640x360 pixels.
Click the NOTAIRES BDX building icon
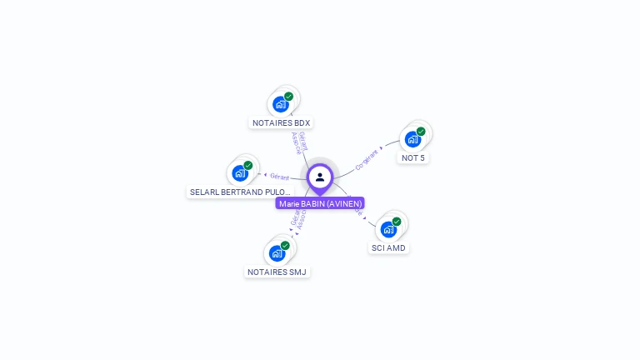pyautogui.click(x=281, y=105)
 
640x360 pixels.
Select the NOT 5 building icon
pyautogui.click(x=412, y=140)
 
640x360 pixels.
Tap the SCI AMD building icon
pyautogui.click(x=388, y=230)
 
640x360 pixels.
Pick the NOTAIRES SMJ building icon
pyautogui.click(x=277, y=254)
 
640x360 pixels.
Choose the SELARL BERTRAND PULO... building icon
pyautogui.click(x=240, y=173)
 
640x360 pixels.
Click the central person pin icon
pyautogui.click(x=320, y=177)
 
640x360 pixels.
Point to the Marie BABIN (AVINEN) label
pyautogui.click(x=320, y=203)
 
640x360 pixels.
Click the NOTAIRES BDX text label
pyautogui.click(x=281, y=123)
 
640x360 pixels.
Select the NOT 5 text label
pyautogui.click(x=413, y=158)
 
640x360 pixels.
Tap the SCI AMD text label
pyautogui.click(x=389, y=248)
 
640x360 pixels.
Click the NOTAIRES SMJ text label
pyautogui.click(x=278, y=272)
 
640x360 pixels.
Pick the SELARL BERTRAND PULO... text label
pyautogui.click(x=241, y=192)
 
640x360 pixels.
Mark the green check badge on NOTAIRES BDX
pyautogui.click(x=288, y=97)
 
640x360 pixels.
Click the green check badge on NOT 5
pyautogui.click(x=421, y=132)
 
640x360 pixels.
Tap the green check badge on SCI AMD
pyautogui.click(x=397, y=222)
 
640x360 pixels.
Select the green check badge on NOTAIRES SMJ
pyautogui.click(x=285, y=246)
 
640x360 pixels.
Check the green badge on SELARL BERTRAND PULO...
pyautogui.click(x=248, y=165)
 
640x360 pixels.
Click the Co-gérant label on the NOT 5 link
pyautogui.click(x=367, y=158)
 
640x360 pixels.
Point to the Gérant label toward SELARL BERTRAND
pyautogui.click(x=279, y=176)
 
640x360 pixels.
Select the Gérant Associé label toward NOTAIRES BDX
pyautogui.click(x=299, y=142)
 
